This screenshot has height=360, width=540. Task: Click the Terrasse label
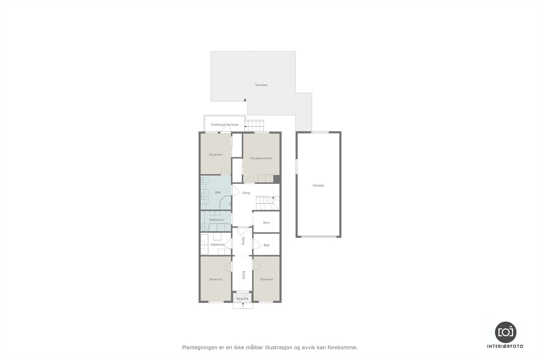coord(261,85)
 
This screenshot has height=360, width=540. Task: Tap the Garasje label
coord(318,186)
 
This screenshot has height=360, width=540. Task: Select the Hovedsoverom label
coord(261,158)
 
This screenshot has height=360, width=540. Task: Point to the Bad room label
coord(218,192)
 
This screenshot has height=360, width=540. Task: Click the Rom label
coord(266,223)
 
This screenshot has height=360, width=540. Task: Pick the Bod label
coord(266,245)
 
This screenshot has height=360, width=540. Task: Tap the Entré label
coord(243,275)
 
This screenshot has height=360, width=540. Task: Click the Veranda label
coord(242,299)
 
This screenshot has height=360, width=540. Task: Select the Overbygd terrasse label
coord(225,125)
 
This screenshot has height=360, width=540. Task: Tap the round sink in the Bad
coord(204,196)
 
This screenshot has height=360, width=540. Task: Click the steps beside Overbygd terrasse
coord(256,126)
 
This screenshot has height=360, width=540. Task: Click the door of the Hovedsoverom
coord(249,179)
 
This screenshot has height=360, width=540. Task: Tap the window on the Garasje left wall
coord(297,166)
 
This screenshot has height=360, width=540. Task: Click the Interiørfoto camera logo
coord(505,332)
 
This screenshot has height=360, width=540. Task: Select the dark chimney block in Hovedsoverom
coord(276,179)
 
